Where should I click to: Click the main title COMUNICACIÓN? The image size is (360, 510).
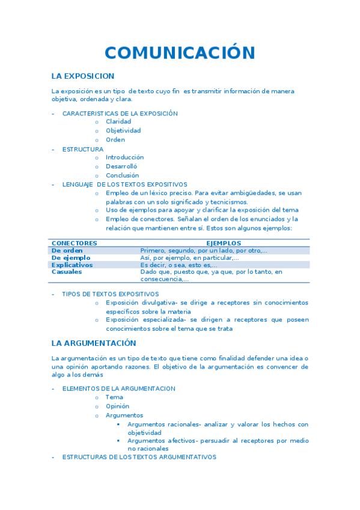(180, 53)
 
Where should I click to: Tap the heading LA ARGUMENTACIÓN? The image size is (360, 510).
(93, 343)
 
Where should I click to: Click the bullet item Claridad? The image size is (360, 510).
(118, 121)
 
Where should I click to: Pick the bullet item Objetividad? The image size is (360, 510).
(123, 131)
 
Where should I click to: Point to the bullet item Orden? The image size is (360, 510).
(115, 140)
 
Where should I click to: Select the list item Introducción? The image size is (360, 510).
(124, 158)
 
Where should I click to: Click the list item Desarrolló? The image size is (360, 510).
(121, 167)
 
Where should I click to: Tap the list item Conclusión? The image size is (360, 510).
(122, 176)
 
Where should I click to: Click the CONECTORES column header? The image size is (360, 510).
(75, 243)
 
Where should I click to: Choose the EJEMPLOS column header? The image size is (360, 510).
(224, 243)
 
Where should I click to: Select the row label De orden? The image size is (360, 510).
(67, 250)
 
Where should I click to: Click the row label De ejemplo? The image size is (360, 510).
(71, 257)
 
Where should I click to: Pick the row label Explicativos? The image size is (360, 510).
(72, 265)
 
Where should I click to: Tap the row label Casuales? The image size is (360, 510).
(67, 272)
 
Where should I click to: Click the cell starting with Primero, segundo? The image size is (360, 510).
(204, 250)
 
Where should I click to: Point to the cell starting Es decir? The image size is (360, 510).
(178, 265)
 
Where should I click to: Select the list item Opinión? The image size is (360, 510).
(117, 406)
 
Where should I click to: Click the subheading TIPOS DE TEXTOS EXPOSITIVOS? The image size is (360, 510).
(111, 294)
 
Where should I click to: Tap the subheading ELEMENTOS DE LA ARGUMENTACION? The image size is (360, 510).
(118, 389)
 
